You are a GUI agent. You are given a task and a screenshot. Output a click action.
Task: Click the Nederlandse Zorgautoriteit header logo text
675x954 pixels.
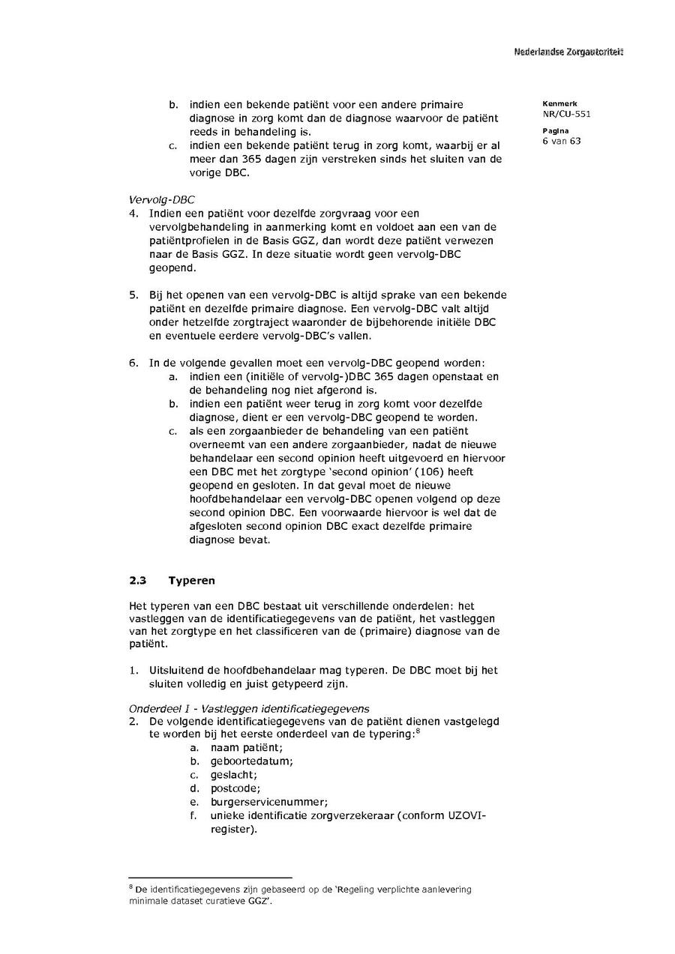(568, 52)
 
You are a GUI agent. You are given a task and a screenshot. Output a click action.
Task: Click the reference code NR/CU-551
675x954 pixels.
(561, 115)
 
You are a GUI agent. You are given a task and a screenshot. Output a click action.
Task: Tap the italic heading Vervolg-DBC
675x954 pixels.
(157, 200)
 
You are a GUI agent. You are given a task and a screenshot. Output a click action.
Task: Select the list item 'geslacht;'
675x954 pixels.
(234, 775)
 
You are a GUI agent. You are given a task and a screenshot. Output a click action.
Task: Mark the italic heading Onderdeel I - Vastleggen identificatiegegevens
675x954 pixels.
(249, 708)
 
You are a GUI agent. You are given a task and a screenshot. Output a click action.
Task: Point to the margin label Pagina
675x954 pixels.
(555, 130)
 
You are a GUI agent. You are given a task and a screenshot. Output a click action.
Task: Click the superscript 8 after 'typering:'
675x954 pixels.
(417, 731)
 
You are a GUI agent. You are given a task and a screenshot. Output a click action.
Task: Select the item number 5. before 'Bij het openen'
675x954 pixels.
(133, 295)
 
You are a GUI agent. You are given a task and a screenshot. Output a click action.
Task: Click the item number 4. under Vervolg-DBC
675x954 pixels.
(133, 214)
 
